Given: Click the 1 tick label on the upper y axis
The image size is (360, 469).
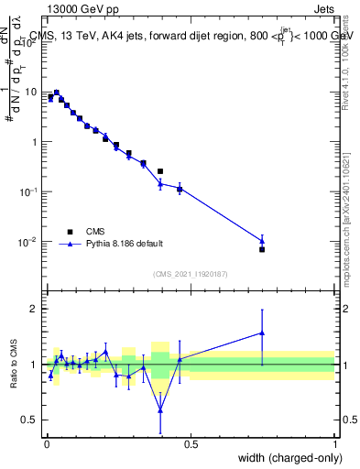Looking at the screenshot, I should point(36,142).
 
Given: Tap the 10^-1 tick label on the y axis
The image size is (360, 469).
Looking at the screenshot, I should point(32,191).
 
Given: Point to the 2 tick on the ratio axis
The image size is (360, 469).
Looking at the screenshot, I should point(36,309).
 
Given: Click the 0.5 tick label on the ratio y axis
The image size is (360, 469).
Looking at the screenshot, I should point(32,420).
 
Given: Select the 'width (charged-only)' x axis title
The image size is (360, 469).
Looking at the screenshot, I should point(287,458).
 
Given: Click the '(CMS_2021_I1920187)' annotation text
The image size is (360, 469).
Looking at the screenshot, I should point(190,274).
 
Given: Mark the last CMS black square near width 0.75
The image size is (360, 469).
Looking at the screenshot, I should point(262,249).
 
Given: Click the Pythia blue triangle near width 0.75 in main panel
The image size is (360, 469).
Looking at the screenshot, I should point(262,241).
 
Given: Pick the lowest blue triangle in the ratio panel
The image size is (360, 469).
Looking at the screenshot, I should point(161,409).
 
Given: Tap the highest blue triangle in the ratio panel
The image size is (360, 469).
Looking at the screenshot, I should point(262,333).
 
